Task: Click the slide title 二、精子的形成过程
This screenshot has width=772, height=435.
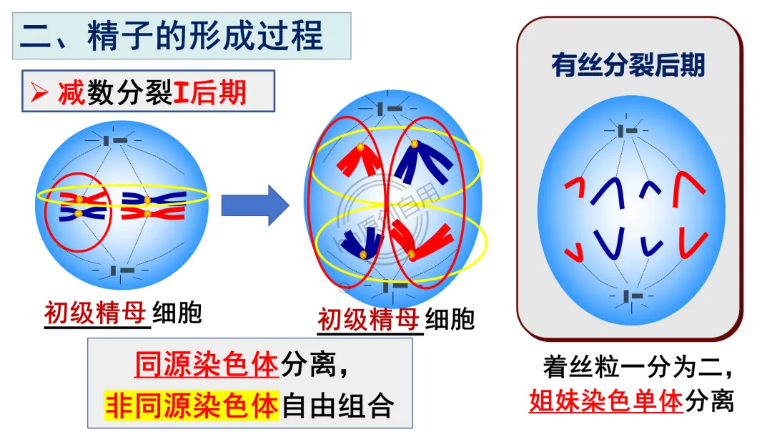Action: [x=172, y=36]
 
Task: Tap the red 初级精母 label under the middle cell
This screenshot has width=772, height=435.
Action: [x=369, y=319]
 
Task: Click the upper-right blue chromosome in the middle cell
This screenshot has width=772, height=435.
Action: [x=426, y=160]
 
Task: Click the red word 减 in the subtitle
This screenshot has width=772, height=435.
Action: [x=71, y=92]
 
